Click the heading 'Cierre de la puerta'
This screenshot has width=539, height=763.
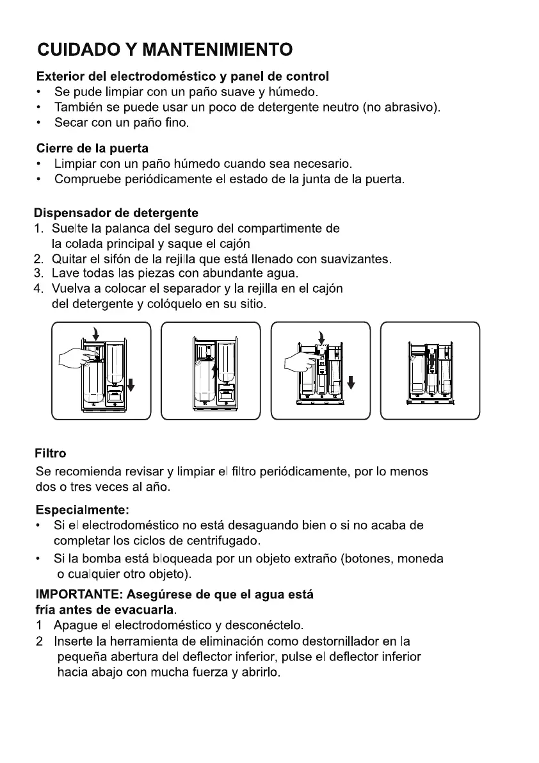91,149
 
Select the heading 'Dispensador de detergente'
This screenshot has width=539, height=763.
116,213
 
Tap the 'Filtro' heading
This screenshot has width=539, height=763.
50,454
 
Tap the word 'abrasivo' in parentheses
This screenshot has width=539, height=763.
410,107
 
